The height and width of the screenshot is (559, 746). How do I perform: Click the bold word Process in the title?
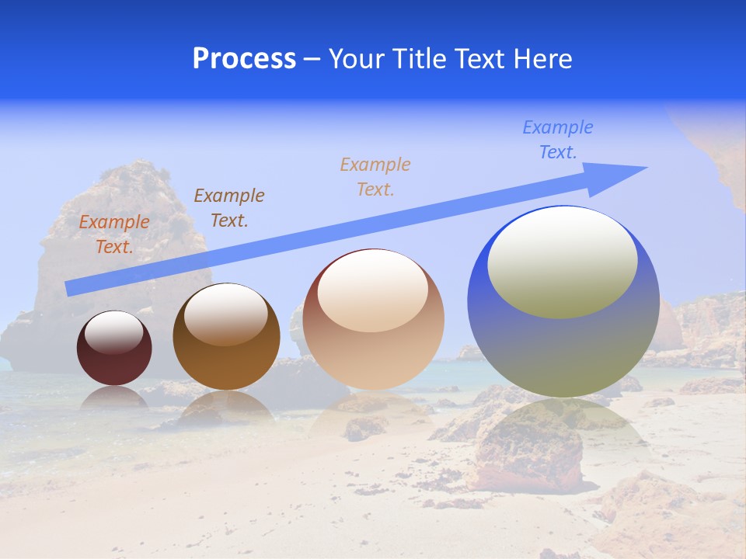[x=244, y=59]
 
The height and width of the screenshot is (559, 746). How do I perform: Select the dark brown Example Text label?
[x=229, y=208]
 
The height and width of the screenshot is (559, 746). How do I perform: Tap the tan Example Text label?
[x=375, y=177]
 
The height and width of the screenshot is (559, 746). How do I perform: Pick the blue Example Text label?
[x=558, y=140]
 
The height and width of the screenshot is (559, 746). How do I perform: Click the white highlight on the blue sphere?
[x=562, y=262]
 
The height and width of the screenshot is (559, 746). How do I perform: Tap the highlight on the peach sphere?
[x=372, y=291]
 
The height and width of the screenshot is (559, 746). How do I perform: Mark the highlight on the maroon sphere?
[x=113, y=332]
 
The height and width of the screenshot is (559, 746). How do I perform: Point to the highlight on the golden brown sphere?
[x=225, y=313]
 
